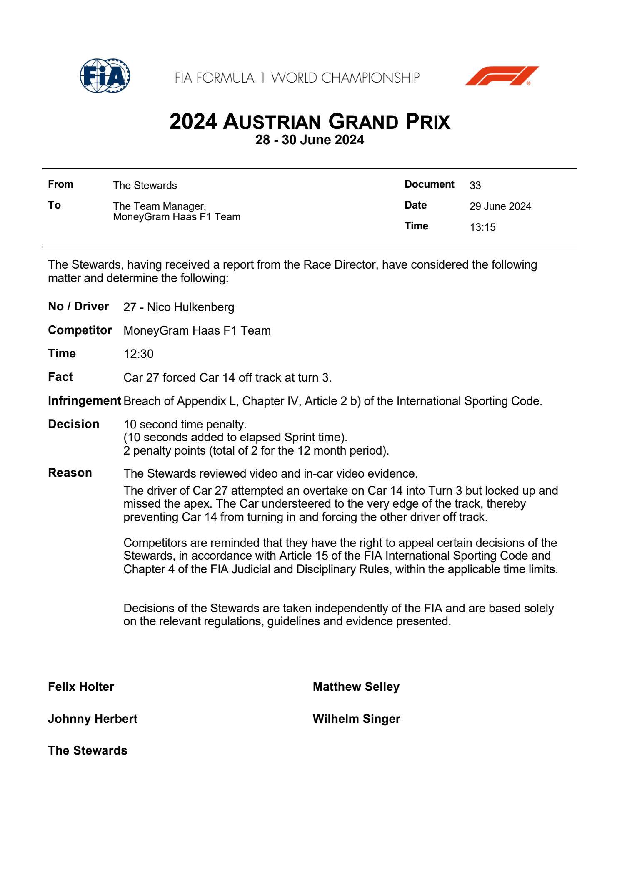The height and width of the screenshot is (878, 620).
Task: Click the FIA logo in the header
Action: [x=105, y=76]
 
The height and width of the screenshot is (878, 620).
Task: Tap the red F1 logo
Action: [x=502, y=76]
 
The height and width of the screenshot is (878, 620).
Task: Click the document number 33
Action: [x=475, y=186]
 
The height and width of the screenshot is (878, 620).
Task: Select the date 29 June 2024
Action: [x=500, y=206]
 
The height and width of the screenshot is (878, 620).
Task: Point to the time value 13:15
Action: [x=483, y=227]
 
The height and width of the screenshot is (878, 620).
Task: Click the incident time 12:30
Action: [x=138, y=354]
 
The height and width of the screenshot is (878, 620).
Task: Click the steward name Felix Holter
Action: [x=81, y=687]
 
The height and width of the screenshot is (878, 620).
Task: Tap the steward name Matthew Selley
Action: [x=356, y=687]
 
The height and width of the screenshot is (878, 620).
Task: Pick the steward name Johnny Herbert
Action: [x=92, y=719]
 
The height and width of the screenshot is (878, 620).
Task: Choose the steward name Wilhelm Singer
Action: [x=356, y=719]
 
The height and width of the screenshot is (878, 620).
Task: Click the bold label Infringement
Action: [x=85, y=401]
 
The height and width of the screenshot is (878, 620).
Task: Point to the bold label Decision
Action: [x=74, y=424]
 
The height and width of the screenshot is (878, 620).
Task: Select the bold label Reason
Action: [x=70, y=473]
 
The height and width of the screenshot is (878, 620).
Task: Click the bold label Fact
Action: [x=60, y=377]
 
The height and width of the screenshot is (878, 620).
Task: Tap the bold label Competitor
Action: [x=80, y=330]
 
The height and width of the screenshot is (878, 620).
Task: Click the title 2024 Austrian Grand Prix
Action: [x=310, y=122]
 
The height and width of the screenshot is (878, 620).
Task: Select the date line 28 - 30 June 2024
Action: [x=310, y=140]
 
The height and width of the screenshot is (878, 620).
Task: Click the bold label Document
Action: [x=429, y=184]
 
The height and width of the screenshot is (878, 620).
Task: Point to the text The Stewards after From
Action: [x=145, y=186]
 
